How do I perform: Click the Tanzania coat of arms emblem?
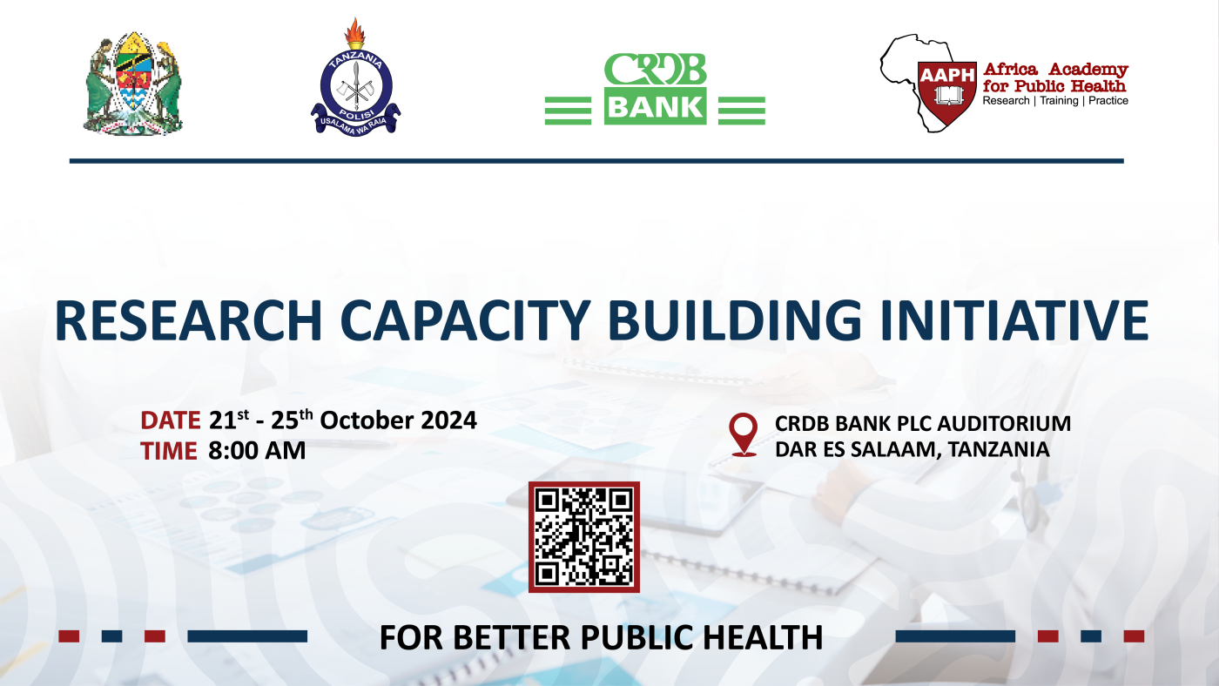click(133, 84)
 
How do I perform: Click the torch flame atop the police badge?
click(355, 32)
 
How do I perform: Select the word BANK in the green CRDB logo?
click(655, 106)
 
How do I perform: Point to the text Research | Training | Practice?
click(1055, 101)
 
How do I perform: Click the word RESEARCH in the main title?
click(188, 320)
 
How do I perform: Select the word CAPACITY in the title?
click(465, 320)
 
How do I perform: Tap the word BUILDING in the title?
click(735, 320)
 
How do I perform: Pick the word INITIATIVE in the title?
click(1014, 320)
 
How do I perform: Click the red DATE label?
click(171, 420)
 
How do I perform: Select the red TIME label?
click(169, 451)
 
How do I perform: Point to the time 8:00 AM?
click(257, 451)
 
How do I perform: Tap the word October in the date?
click(367, 420)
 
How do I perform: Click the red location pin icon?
click(744, 434)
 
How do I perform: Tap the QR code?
click(584, 537)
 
